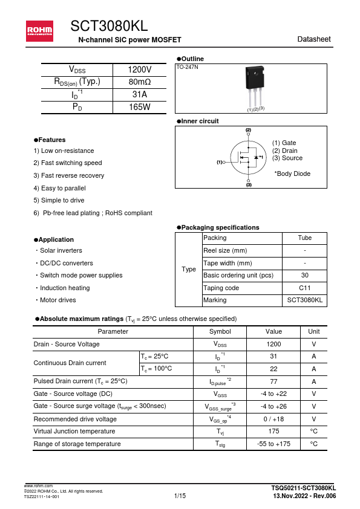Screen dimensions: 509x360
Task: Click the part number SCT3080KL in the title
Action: click(109, 26)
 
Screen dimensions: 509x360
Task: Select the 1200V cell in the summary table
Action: click(140, 70)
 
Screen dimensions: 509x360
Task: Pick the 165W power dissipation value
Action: click(140, 107)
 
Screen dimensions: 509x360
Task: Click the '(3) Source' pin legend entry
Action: click(287, 158)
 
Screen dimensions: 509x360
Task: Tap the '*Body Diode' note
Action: click(292, 173)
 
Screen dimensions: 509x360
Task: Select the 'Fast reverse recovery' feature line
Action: click(69, 175)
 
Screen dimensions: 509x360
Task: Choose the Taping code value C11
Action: click(305, 288)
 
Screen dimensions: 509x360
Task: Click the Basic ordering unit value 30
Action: click(305, 276)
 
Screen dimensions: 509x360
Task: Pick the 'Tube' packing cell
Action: click(305, 238)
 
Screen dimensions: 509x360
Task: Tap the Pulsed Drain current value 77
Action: click(273, 381)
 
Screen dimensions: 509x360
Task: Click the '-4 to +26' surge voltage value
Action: click(273, 406)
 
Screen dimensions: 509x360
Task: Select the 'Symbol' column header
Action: click(220, 331)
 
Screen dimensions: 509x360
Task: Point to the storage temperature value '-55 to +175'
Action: click(273, 444)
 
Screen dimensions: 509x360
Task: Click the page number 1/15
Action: click(180, 496)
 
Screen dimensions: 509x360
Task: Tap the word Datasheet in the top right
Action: click(314, 39)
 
